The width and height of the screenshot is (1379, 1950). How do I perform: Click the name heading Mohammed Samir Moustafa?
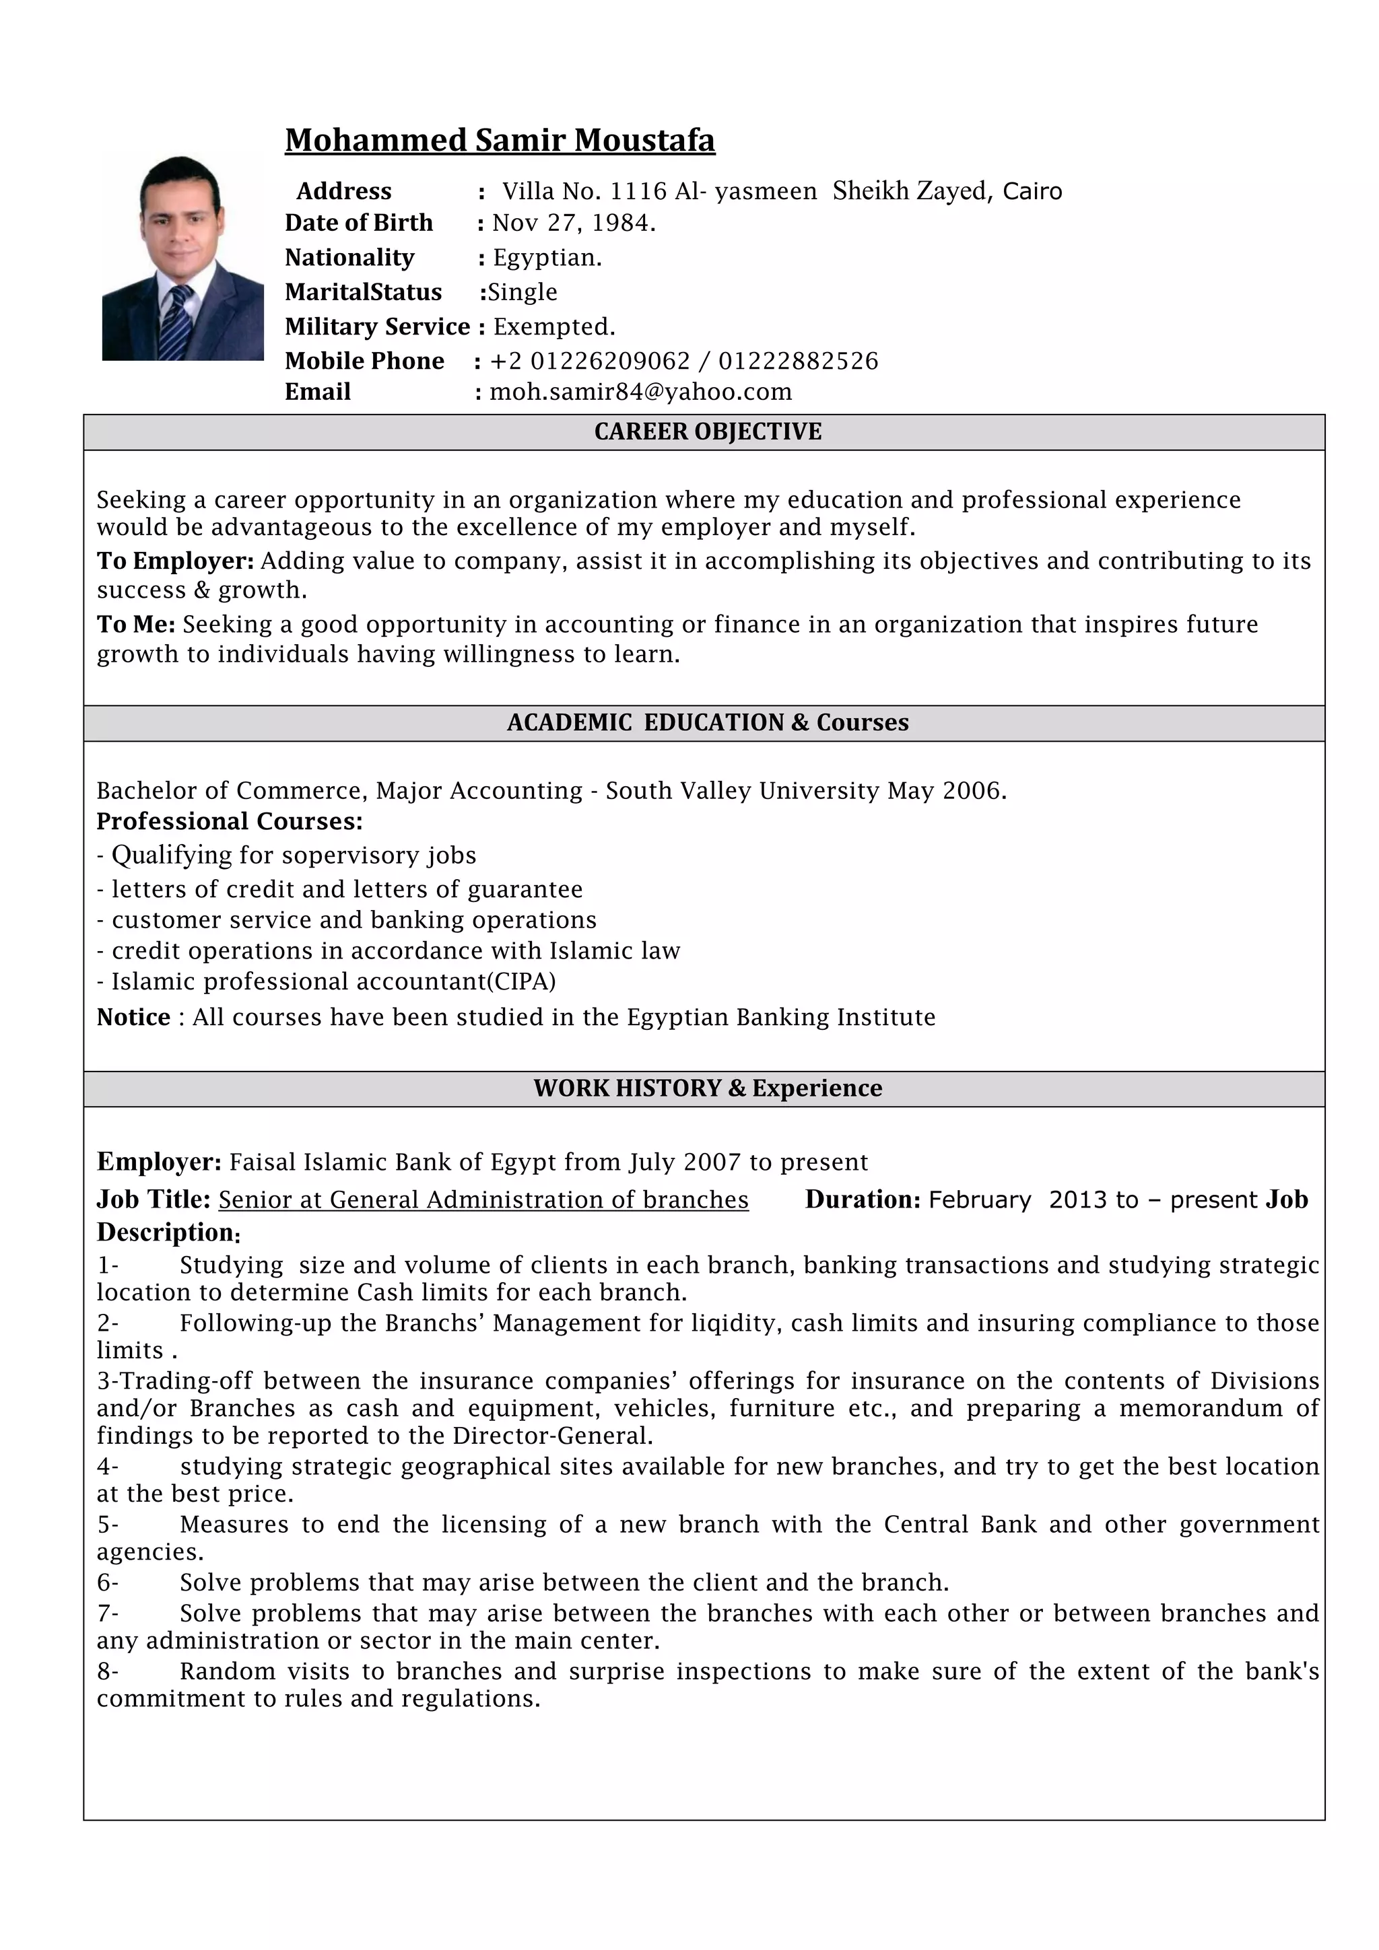[x=500, y=140]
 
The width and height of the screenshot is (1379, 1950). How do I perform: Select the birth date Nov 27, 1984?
[x=574, y=223]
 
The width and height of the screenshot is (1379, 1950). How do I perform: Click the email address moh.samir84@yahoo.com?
[x=640, y=392]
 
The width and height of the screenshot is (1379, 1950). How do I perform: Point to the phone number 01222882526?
[x=798, y=361]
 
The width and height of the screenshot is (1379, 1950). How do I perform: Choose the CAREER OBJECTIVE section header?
[x=708, y=431]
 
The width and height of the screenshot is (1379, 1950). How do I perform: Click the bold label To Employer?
[x=176, y=561]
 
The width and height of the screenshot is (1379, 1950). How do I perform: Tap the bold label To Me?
[x=136, y=624]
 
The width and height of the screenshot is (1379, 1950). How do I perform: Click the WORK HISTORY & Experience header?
[x=708, y=1088]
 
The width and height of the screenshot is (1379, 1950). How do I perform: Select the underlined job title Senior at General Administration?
[x=483, y=1199]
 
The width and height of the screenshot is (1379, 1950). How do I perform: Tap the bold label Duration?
[x=863, y=1199]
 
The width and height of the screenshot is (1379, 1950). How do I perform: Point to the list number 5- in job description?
[x=108, y=1525]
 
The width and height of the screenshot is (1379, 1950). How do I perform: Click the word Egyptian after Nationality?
[x=547, y=258]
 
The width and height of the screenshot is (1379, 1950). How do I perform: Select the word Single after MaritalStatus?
[x=522, y=292]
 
